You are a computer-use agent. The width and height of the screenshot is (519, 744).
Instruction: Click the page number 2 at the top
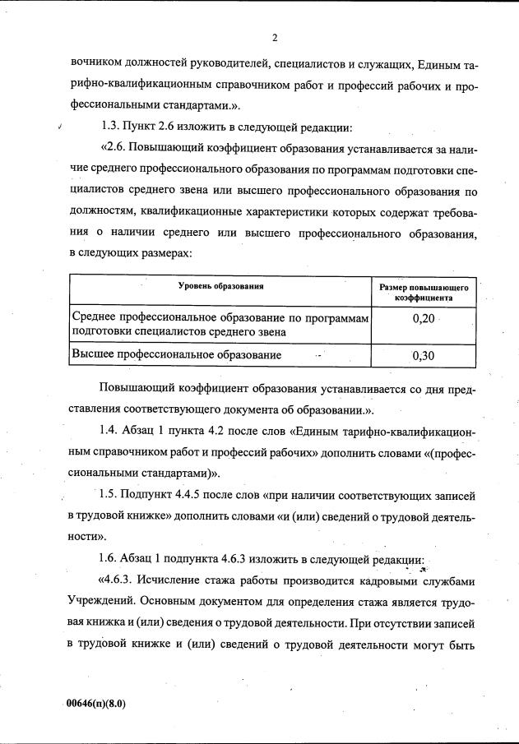(276, 38)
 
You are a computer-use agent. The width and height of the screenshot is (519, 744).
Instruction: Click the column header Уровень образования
(221, 285)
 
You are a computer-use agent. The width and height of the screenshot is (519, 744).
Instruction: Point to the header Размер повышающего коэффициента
(424, 293)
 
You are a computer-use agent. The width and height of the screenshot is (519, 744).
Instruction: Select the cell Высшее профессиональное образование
(178, 355)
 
